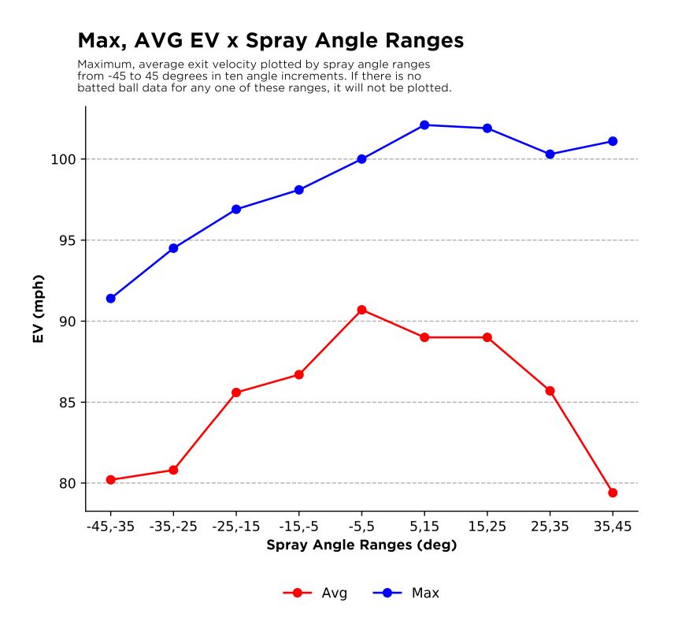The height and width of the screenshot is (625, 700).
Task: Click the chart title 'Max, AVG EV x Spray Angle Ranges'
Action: pyautogui.click(x=270, y=40)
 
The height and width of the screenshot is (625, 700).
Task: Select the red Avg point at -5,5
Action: pyautogui.click(x=361, y=310)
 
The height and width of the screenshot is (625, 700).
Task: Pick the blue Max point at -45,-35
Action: pyautogui.click(x=111, y=299)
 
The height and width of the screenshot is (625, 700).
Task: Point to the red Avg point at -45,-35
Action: pyautogui.click(x=111, y=480)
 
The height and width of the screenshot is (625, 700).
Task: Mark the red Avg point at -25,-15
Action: pyautogui.click(x=236, y=392)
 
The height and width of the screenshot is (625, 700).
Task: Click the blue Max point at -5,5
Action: pyautogui.click(x=361, y=159)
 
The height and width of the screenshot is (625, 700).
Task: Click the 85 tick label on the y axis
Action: pyautogui.click(x=67, y=403)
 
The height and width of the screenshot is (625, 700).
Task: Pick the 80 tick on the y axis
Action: pyautogui.click(x=67, y=483)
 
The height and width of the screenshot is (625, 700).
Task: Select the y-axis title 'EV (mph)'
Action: pyautogui.click(x=38, y=309)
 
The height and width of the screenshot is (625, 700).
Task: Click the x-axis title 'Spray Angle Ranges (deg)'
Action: pyautogui.click(x=361, y=545)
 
